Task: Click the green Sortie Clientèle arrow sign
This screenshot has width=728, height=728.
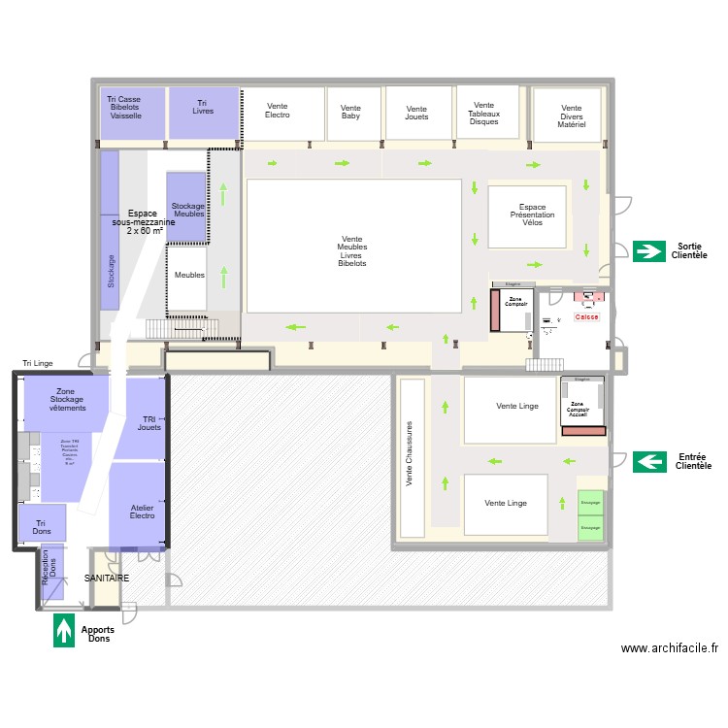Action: pos(648,251)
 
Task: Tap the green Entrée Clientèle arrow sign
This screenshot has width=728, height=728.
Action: pos(648,461)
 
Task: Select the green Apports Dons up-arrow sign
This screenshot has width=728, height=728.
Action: pos(64,631)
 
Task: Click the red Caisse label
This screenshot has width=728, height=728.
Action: pos(587,317)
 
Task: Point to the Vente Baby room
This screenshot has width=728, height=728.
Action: pos(351,114)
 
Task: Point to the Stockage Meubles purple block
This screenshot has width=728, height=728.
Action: pos(187,208)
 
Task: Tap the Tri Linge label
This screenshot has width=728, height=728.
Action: pos(38,363)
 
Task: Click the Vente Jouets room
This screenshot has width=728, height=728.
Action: pos(416,114)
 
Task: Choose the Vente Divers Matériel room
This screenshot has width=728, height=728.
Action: pos(572,116)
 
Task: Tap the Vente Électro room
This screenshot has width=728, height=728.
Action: pos(279,114)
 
